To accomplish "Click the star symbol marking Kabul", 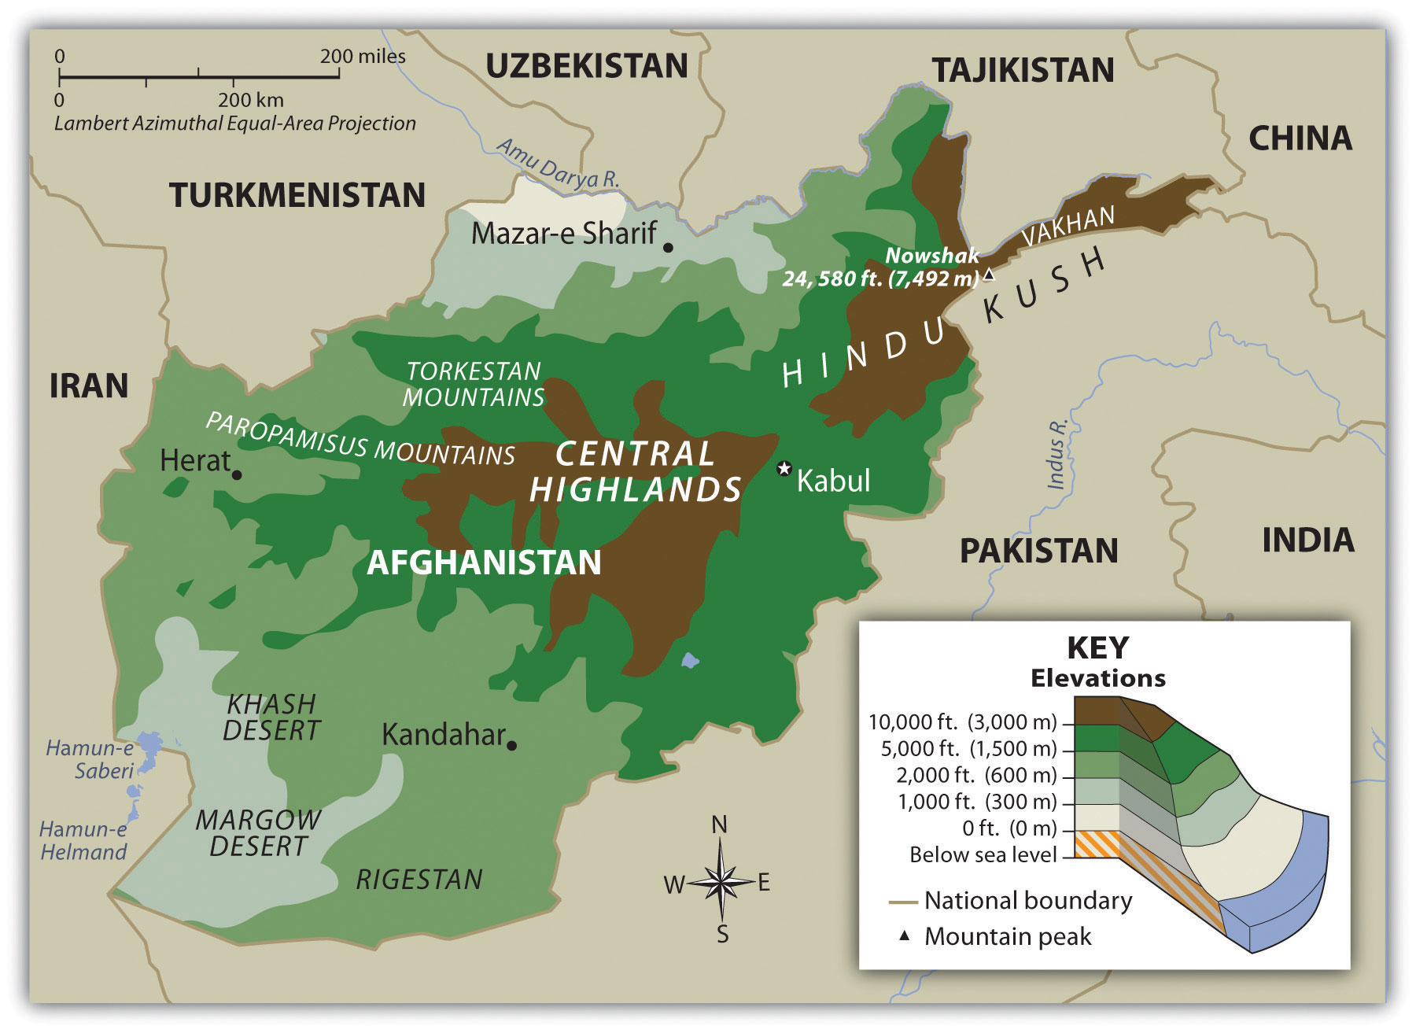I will (x=784, y=468).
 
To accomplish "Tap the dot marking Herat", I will (x=237, y=474).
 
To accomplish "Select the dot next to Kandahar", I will (x=512, y=745).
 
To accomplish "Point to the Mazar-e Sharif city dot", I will (x=668, y=247).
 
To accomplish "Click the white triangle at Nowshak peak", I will (x=989, y=275).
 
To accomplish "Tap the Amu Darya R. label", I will (x=558, y=164).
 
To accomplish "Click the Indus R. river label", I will (x=1058, y=455).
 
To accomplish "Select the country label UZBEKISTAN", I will (x=587, y=66).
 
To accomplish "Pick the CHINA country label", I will (x=1300, y=138).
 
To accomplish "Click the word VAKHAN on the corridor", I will (x=1068, y=226).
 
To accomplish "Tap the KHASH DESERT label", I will (x=271, y=717).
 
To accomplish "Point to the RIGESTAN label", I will (x=419, y=880).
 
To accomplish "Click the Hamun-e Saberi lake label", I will (x=90, y=759).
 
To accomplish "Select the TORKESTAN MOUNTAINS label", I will (x=474, y=384).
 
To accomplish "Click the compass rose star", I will (x=720, y=882).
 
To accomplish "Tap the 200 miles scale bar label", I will (x=363, y=57).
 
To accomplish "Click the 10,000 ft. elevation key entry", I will (x=962, y=721).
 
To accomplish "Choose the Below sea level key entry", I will (x=983, y=854).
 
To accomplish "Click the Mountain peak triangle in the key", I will (x=905, y=935).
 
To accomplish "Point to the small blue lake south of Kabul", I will (x=690, y=660).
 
